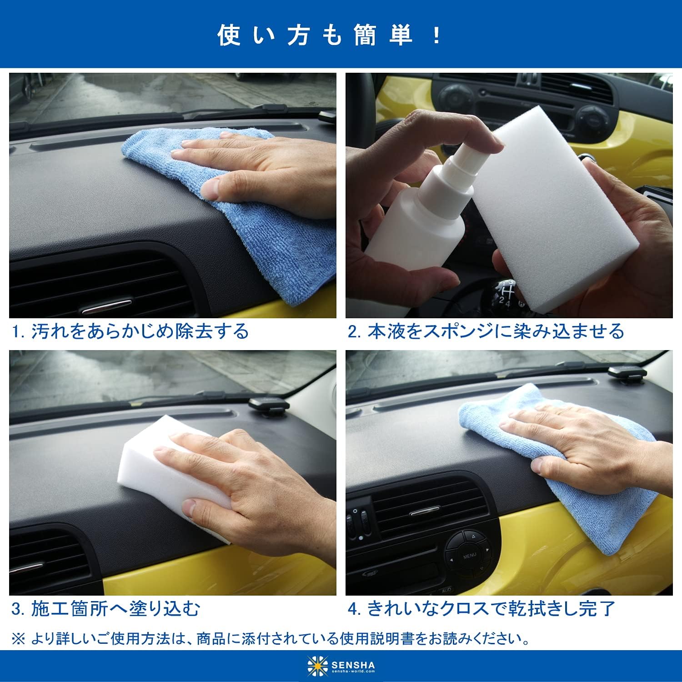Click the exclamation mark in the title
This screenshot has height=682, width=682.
[437, 35]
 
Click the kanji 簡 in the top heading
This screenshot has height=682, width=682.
[366, 35]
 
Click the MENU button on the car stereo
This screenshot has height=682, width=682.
[470, 556]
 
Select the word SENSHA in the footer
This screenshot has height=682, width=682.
[353, 662]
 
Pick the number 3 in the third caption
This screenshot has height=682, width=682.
[16, 609]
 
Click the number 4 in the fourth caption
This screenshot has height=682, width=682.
[353, 609]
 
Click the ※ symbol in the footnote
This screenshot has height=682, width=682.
[18, 639]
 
